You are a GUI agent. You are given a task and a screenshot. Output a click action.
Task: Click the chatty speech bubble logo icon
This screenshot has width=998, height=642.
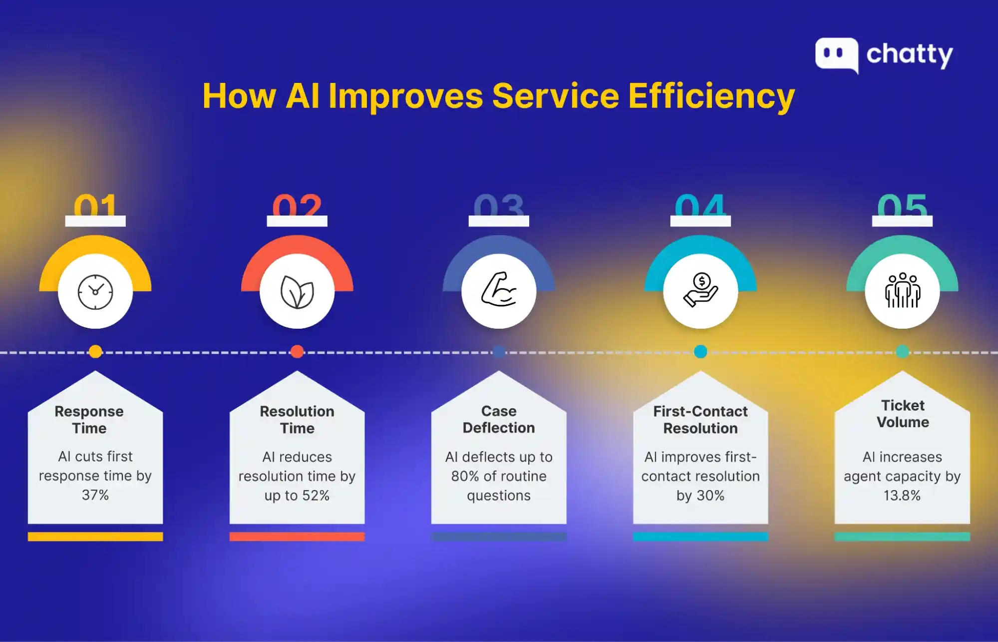pos(837,54)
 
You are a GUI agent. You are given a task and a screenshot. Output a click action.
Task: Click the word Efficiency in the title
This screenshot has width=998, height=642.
pos(711,96)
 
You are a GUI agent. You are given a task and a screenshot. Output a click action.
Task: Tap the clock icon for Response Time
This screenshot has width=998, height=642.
pos(95,292)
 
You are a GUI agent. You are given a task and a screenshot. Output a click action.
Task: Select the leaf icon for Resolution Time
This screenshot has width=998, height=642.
pos(297,292)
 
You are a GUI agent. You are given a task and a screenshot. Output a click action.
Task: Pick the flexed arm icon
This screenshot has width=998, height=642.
pos(499,290)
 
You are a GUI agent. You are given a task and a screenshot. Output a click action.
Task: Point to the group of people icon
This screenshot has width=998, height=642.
pos(902,291)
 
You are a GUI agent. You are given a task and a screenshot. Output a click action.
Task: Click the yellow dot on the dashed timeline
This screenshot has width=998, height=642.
pos(95,352)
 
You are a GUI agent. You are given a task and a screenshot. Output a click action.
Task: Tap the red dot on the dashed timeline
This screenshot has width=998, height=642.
pos(297,352)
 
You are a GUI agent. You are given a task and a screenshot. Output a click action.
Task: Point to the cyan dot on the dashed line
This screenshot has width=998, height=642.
pos(700,352)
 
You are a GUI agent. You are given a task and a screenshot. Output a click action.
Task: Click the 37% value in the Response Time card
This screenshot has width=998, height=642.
pos(95,495)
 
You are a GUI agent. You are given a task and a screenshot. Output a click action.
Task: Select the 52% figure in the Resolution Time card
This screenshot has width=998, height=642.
pos(316,496)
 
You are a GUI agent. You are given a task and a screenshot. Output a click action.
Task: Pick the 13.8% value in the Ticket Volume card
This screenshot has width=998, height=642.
pos(902,496)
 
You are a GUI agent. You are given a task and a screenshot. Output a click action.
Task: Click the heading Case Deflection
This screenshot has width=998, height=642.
pos(499,420)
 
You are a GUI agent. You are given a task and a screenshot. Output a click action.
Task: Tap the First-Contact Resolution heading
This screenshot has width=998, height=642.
pos(700,420)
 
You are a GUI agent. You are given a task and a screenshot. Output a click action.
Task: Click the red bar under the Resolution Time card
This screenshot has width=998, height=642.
pos(297,537)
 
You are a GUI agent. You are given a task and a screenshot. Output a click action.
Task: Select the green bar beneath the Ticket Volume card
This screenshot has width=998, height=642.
pos(902,537)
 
